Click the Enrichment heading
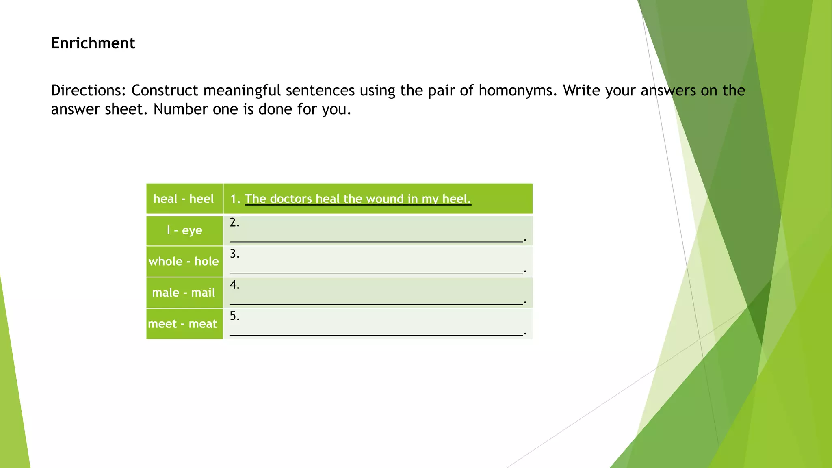tap(93, 43)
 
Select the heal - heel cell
tap(184, 199)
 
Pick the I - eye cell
tap(184, 230)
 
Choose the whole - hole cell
tap(184, 261)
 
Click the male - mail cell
tap(184, 292)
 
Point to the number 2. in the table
tap(234, 223)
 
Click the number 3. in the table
tap(234, 254)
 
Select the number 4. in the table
tap(234, 285)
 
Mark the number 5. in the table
tap(234, 316)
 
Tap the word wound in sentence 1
tap(384, 199)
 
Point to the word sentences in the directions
tap(320, 90)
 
